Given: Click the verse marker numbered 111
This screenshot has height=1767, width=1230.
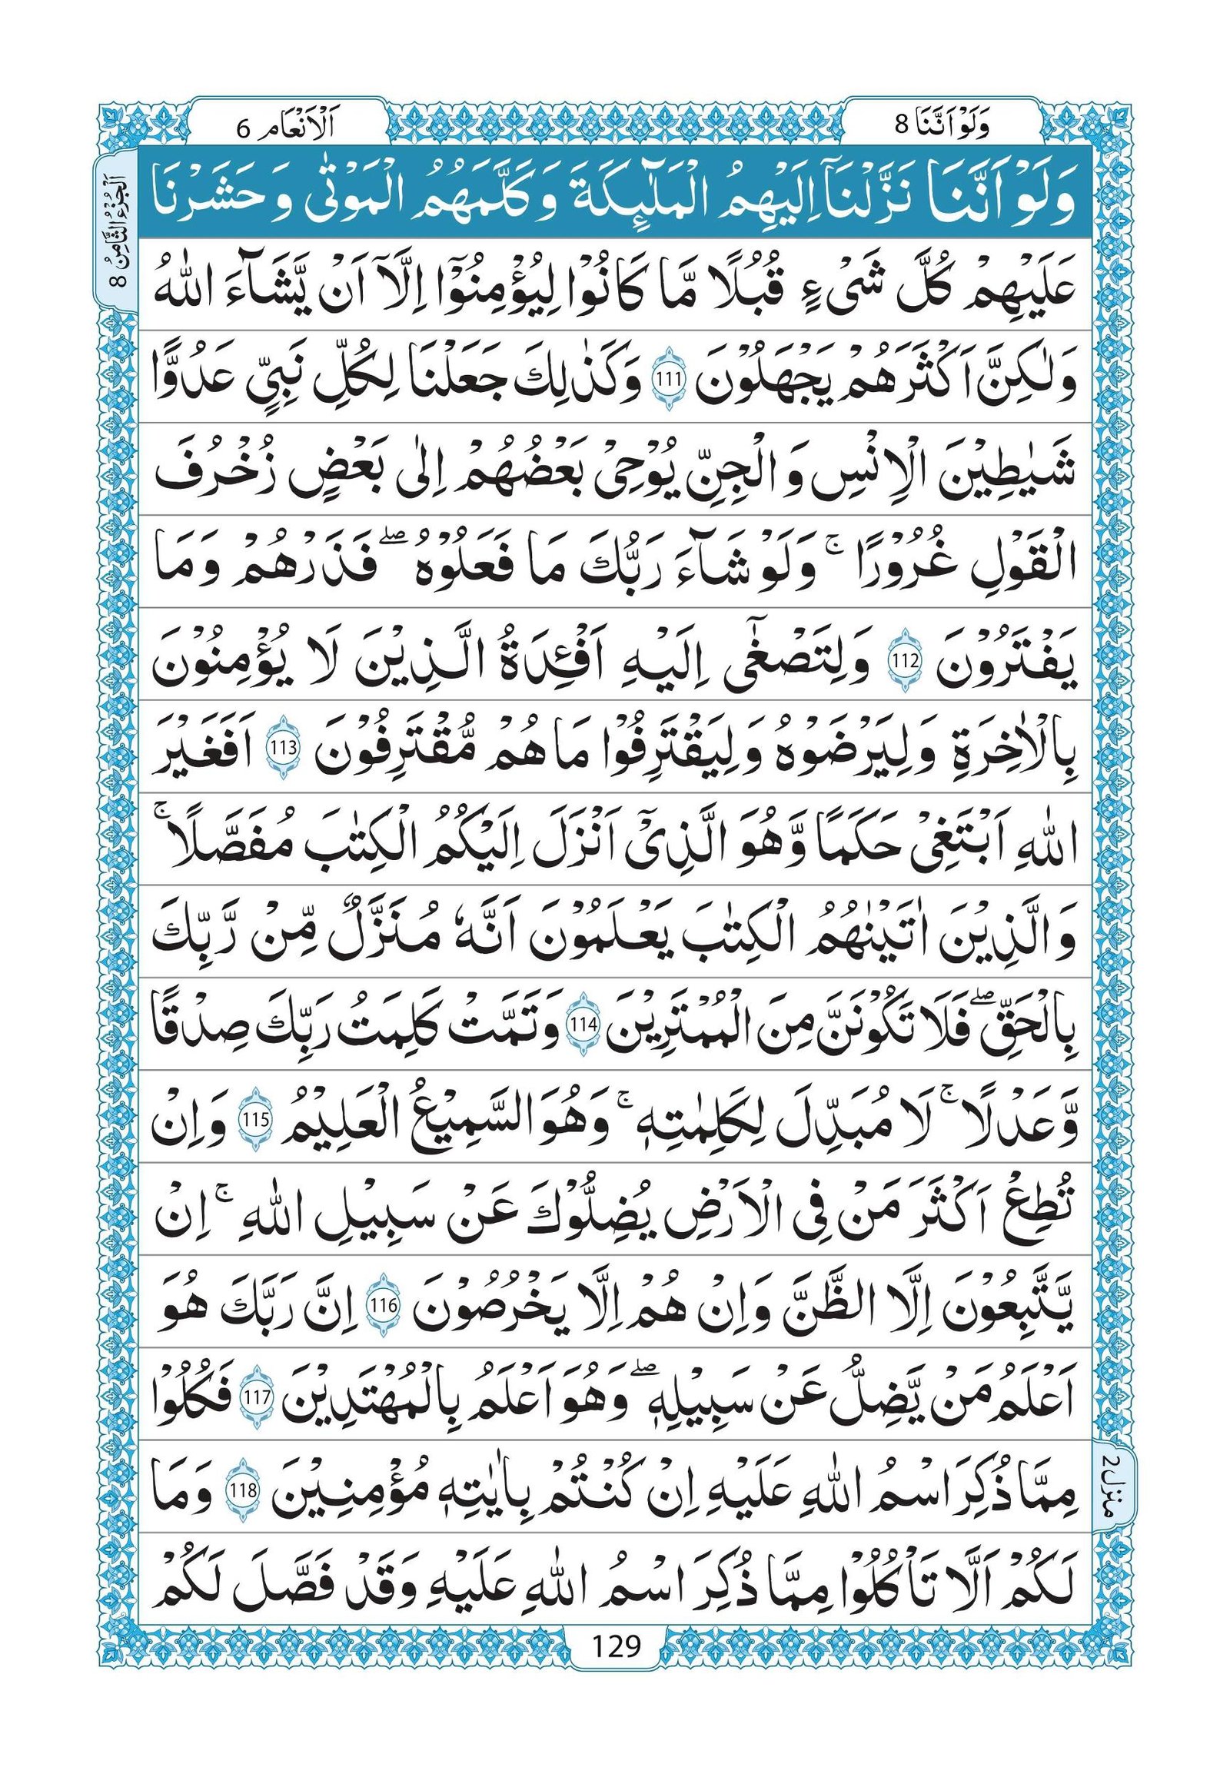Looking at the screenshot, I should click(660, 380).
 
